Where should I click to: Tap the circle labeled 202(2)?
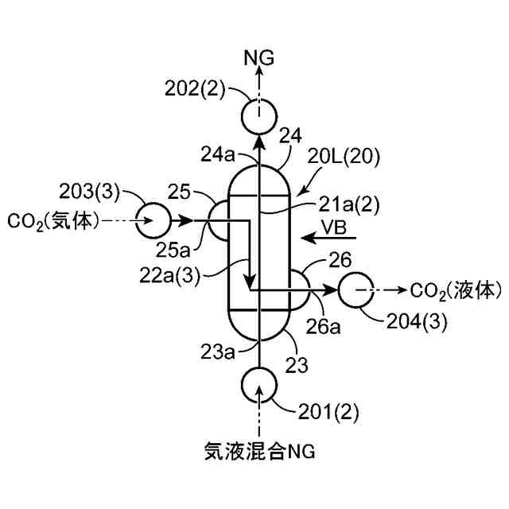tap(258, 117)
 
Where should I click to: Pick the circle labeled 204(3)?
tap(357, 290)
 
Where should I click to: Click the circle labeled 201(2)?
tap(258, 385)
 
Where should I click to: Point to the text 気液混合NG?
tap(258, 453)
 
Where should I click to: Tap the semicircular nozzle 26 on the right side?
tap(301, 290)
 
